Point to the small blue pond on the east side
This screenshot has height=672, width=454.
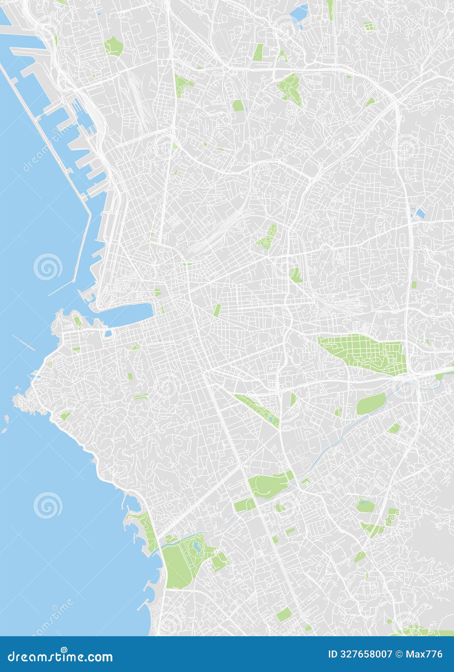coord(419,213)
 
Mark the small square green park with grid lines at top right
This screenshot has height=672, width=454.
coord(369,27)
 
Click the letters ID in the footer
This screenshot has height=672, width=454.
coord(333,654)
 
